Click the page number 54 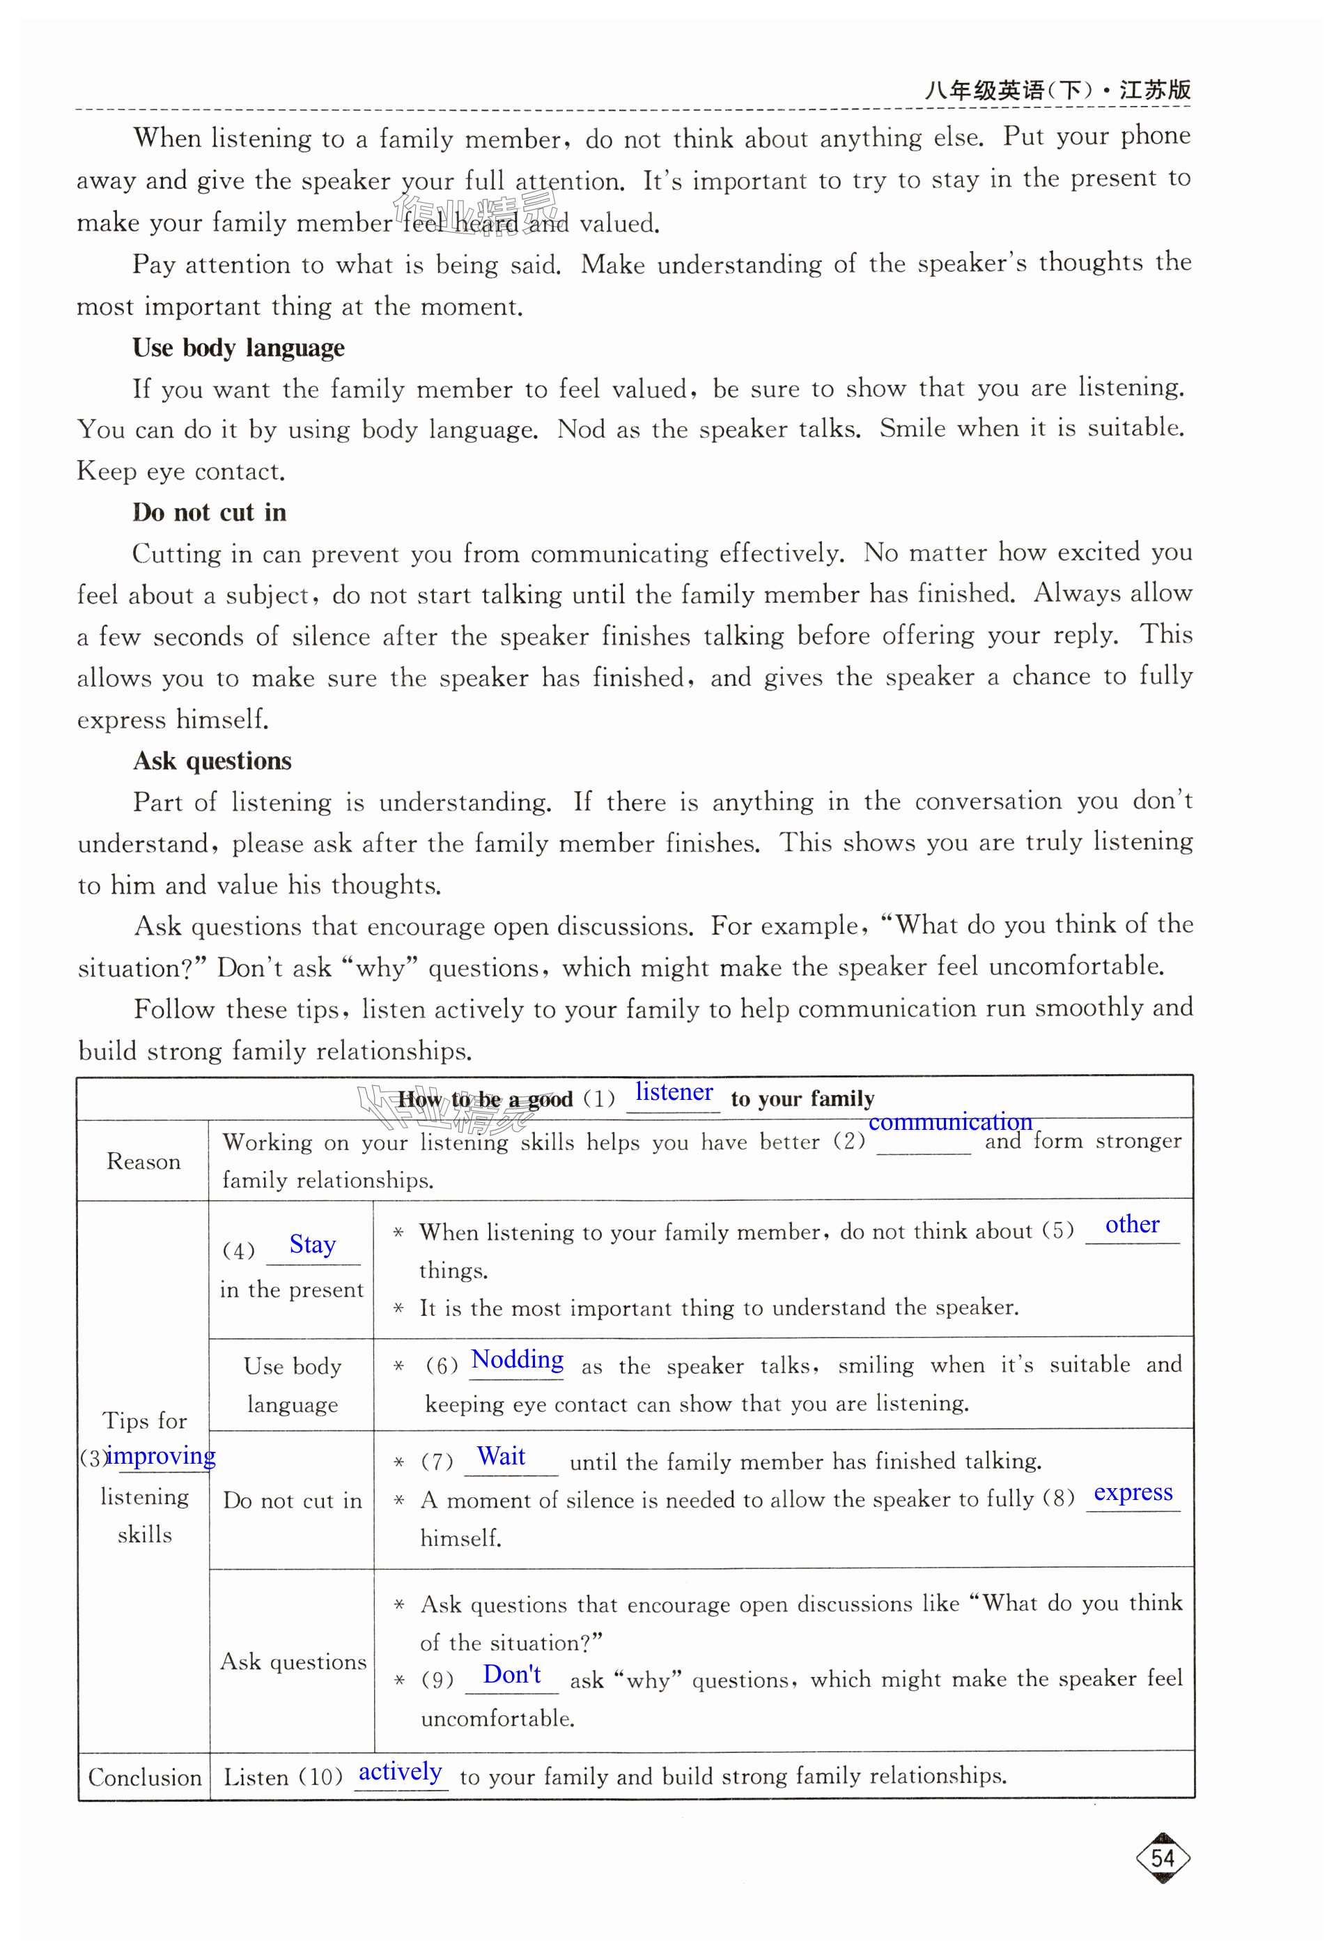point(1163,1859)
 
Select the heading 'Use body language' point(239,348)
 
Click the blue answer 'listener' point(674,1092)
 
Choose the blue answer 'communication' point(950,1121)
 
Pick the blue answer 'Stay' point(312,1245)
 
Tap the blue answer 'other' point(1131,1225)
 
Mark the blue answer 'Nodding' point(517,1359)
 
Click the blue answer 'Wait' point(501,1457)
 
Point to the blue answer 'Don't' point(512,1674)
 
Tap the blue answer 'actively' point(400,1772)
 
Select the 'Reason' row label point(143,1162)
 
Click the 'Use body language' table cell point(292,1385)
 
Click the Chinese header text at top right point(1057,89)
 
